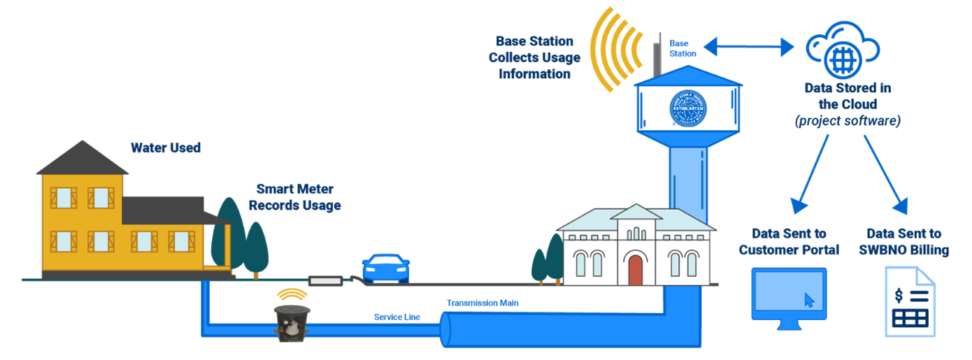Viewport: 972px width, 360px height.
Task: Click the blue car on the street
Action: point(385,268)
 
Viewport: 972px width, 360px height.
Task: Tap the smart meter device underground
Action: point(292,324)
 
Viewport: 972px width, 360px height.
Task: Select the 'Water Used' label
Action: point(166,148)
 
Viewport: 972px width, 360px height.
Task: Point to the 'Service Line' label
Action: point(397,317)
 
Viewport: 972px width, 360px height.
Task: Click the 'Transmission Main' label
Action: point(483,303)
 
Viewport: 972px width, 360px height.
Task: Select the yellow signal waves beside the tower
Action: point(615,49)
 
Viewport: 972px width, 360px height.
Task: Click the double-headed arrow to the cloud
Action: point(749,47)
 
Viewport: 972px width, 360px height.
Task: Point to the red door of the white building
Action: point(636,270)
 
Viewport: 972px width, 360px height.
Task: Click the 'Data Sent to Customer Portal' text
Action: point(789,241)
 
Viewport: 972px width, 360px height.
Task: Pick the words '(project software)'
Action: point(848,120)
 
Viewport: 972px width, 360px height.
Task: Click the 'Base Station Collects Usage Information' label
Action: point(534,57)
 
